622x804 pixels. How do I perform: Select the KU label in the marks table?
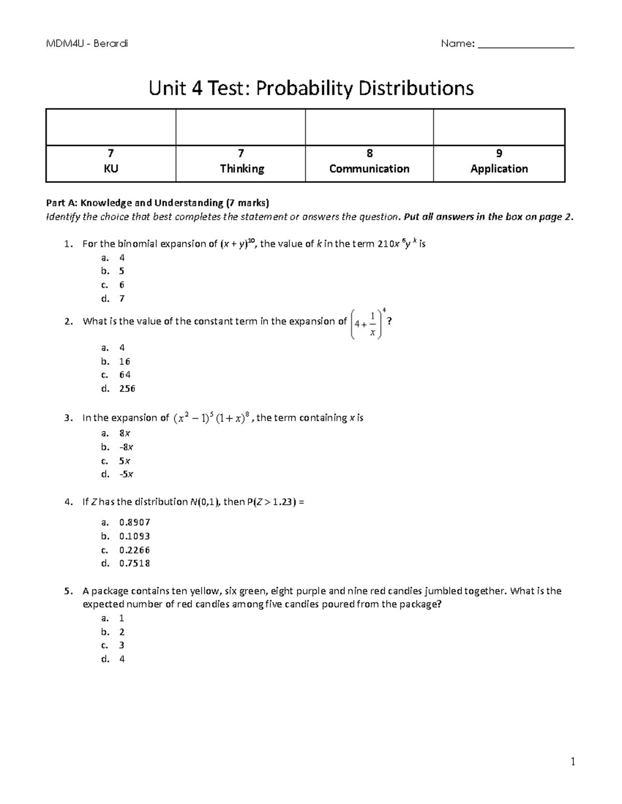click(111, 169)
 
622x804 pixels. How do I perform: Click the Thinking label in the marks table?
click(242, 169)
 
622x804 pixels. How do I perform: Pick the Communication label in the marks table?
click(369, 169)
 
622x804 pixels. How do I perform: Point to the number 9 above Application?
click(499, 153)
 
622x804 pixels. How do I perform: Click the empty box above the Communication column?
click(369, 127)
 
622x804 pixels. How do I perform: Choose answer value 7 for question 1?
click(122, 299)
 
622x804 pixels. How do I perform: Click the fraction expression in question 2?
click(366, 324)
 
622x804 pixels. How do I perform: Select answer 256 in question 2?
click(127, 388)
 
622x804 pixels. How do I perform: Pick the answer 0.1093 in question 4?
click(134, 536)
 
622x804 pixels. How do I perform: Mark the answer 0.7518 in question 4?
click(134, 563)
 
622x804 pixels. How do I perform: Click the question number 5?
click(67, 591)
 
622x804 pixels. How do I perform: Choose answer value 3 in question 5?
click(122, 645)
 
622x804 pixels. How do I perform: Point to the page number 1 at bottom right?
click(573, 762)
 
